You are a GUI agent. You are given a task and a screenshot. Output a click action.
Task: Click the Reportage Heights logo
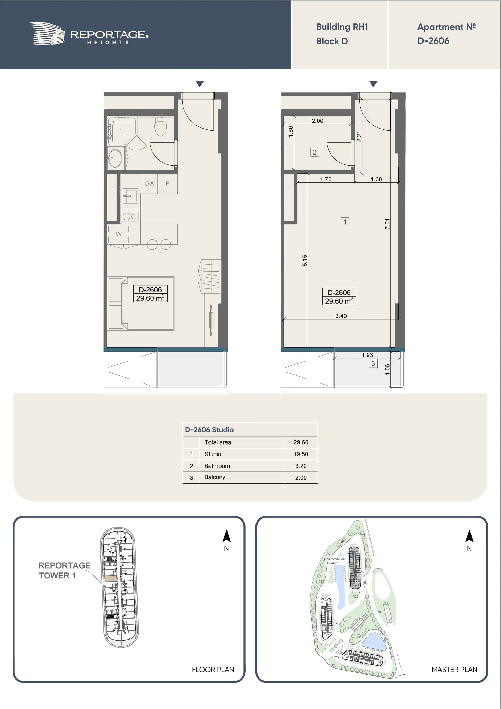(x=89, y=34)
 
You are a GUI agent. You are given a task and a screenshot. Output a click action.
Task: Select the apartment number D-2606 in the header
(x=433, y=41)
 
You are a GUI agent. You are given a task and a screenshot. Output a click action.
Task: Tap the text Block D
(x=332, y=41)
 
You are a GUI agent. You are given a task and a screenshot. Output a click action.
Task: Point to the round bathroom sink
(x=115, y=158)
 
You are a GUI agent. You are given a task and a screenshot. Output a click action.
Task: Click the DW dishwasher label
(x=150, y=184)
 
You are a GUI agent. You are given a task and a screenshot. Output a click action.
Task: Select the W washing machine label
(x=118, y=234)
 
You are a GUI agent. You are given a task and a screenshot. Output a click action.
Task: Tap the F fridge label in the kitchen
(x=167, y=184)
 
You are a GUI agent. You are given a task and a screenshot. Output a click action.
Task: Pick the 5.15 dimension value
(x=305, y=260)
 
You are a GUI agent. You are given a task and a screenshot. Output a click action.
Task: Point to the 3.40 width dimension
(x=341, y=316)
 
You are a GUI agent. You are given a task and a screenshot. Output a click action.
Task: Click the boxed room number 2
(x=314, y=152)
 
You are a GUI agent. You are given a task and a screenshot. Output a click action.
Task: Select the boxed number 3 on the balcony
(x=373, y=363)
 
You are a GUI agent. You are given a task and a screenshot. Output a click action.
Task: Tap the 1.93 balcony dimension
(x=367, y=355)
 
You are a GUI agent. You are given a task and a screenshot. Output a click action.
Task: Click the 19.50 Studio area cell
(x=301, y=454)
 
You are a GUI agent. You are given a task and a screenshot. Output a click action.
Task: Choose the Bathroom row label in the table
(x=217, y=466)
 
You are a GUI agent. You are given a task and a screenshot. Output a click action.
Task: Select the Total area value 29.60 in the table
(x=301, y=442)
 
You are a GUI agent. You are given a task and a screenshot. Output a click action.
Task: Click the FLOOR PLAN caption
(x=213, y=670)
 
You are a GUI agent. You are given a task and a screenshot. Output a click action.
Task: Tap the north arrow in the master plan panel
(x=469, y=536)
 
